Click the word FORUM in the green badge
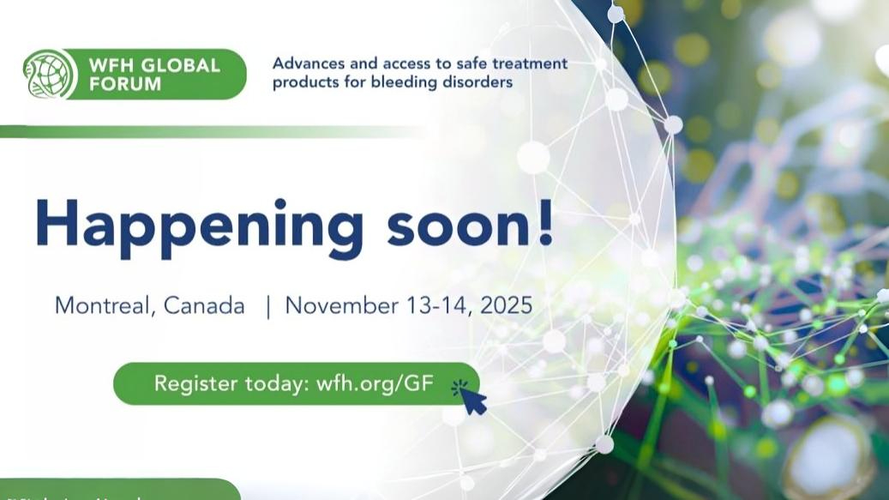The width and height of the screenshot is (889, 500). click(129, 84)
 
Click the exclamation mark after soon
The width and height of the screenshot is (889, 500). click(543, 221)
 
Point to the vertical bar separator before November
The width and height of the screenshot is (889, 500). click(267, 306)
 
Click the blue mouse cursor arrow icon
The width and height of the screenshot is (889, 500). click(472, 397)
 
